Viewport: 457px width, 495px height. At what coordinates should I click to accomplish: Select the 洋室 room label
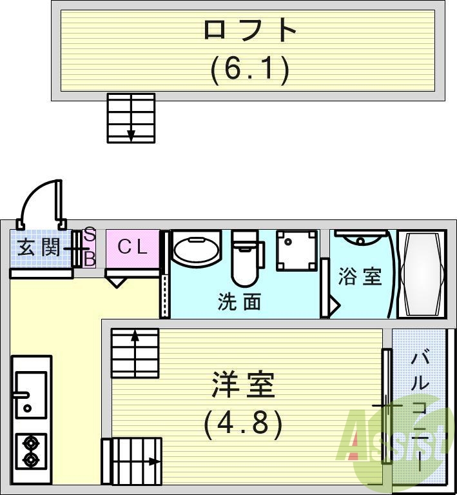(244, 385)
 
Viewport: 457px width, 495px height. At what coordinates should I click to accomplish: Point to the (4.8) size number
(243, 423)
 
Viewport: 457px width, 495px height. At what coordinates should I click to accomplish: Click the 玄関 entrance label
(39, 247)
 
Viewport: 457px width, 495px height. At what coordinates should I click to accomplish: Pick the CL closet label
(133, 247)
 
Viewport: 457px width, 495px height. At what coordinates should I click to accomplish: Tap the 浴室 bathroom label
(360, 276)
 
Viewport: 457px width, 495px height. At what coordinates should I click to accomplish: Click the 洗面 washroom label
(239, 301)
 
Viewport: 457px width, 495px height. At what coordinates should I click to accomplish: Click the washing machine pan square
(297, 250)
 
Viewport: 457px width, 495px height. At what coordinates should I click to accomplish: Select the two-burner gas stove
(30, 451)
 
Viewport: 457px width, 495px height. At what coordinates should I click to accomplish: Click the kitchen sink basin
(30, 392)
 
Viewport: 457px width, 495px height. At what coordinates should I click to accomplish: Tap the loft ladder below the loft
(131, 117)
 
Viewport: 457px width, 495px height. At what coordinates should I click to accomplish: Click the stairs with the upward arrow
(135, 352)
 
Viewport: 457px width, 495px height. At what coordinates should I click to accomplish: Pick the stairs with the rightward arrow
(132, 460)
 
